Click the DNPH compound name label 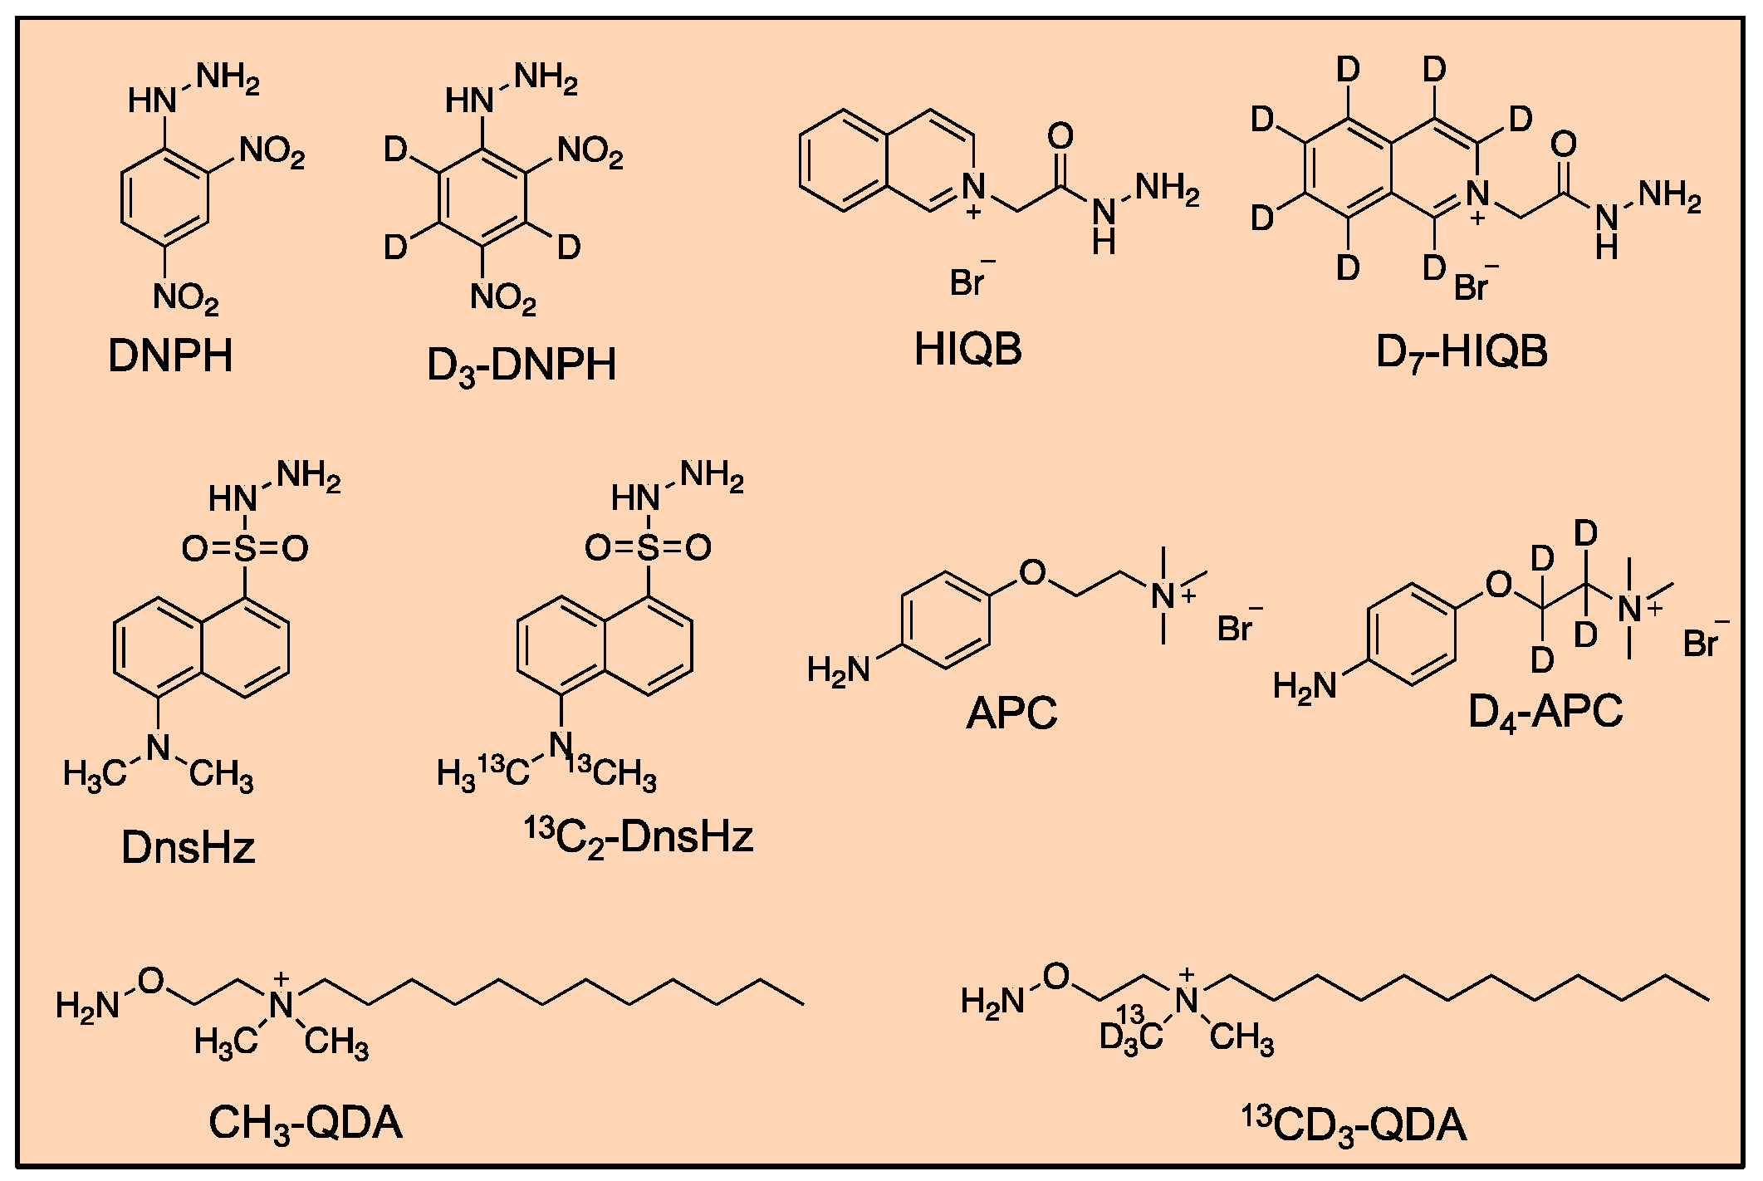coord(170,356)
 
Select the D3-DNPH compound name coord(522,366)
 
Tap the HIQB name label coord(967,350)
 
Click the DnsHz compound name coord(188,848)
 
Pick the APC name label coord(1011,713)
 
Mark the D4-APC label coord(1545,713)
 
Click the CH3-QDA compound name coord(305,1125)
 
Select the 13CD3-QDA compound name coord(1354,1126)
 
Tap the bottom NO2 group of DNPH coord(186,298)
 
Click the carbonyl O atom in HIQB coord(1060,135)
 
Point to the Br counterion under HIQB coord(968,282)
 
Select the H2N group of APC coord(839,669)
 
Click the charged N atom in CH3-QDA coord(283,1003)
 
